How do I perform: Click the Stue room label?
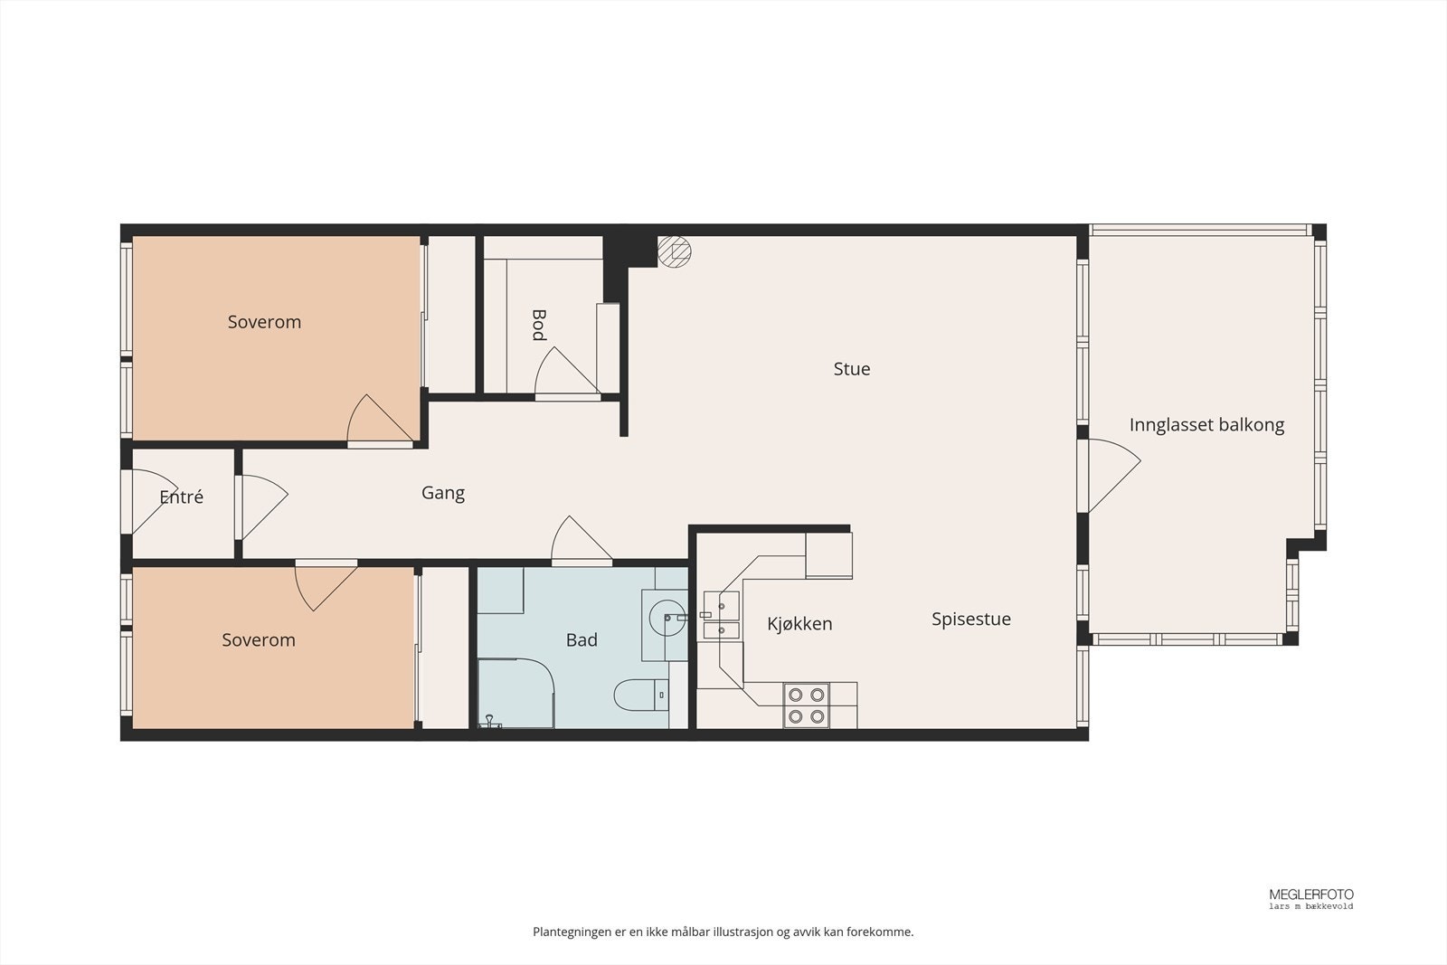click(851, 369)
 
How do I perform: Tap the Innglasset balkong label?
click(1206, 425)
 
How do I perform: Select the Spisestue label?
click(971, 620)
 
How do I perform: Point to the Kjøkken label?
click(799, 624)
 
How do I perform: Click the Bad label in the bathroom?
click(582, 640)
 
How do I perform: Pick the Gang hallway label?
click(443, 494)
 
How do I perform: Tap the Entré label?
click(182, 497)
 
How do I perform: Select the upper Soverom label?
click(264, 322)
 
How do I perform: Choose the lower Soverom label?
click(259, 640)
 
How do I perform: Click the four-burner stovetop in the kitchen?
click(806, 705)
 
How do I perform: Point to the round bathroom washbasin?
click(667, 618)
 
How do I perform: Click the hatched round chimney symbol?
click(675, 251)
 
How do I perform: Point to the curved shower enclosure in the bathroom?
click(516, 694)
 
